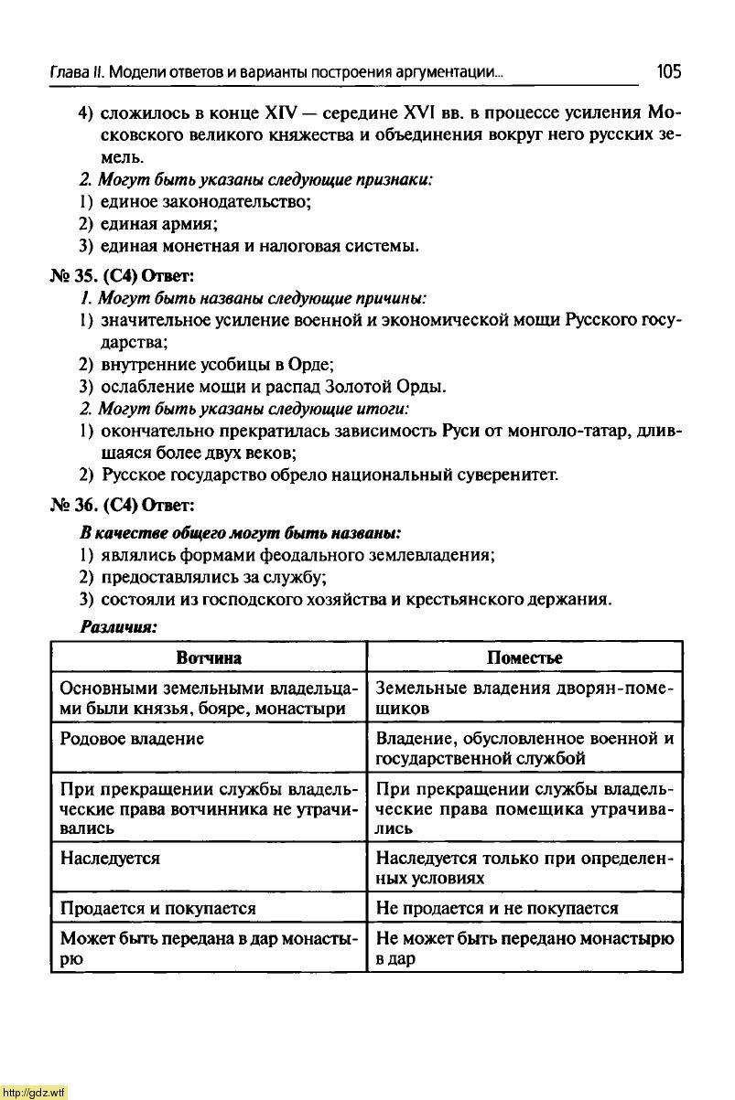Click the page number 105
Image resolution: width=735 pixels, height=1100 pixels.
click(x=668, y=71)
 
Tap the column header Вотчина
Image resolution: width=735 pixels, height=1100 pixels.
click(x=209, y=657)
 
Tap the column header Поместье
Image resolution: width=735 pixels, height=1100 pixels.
click(x=524, y=657)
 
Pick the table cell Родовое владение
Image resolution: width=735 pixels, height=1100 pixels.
click(x=132, y=738)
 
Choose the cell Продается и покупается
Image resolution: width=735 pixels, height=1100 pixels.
click(x=157, y=908)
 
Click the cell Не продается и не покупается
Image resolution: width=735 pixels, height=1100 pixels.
click(x=497, y=908)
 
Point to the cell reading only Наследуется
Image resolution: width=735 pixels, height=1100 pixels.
click(x=110, y=859)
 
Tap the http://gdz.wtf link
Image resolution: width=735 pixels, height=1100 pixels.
click(x=34, y=1092)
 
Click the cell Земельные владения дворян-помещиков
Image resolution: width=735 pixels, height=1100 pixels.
click(x=524, y=698)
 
